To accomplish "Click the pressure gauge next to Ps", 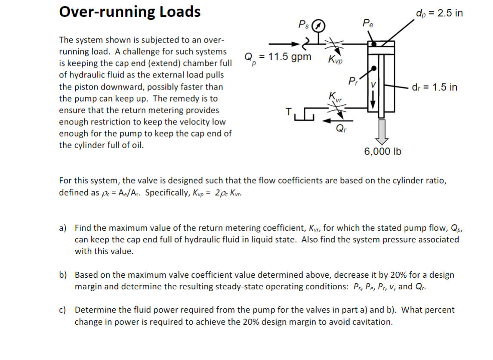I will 317,25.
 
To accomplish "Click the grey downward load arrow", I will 381,131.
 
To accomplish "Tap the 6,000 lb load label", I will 382,151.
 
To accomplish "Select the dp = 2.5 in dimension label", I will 439,12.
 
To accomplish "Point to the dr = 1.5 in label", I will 435,87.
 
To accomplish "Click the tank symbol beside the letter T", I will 305,115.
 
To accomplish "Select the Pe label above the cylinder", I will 368,22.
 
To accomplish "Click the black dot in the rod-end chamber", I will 374,68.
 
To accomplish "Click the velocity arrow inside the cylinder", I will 373,97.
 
